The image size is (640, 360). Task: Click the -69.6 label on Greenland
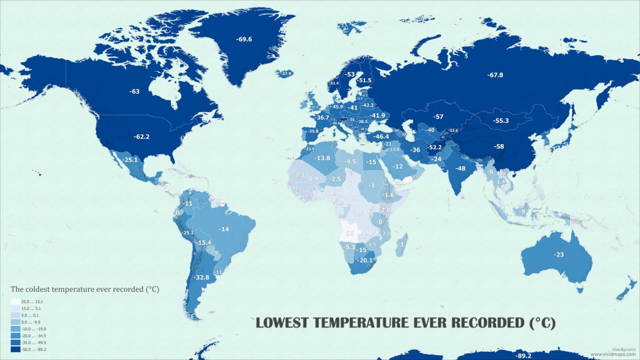coord(244,39)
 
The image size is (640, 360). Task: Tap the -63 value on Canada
coord(134,91)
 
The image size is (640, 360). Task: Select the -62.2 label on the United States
coord(141,137)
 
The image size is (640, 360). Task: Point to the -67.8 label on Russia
coord(495,75)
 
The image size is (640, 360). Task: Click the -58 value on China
coord(499,146)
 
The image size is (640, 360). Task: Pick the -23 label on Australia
coord(559,255)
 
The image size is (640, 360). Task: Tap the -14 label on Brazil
coord(224,229)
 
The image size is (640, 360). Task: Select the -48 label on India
coord(460,169)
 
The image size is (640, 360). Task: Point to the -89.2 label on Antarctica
coord(523,356)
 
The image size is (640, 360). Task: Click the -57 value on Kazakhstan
coord(438,117)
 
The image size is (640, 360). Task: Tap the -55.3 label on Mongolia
coord(501,121)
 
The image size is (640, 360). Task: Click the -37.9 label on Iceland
coord(286,73)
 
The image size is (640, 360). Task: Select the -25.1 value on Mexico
coord(130,160)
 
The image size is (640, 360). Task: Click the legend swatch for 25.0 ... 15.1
coord(15,302)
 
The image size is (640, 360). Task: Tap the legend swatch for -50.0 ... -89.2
coord(15,349)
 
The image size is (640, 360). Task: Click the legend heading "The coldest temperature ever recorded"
coord(85,289)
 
